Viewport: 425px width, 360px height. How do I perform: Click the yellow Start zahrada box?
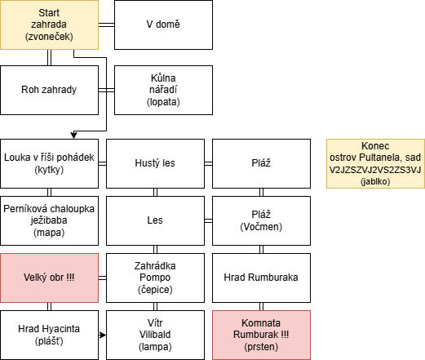click(x=49, y=24)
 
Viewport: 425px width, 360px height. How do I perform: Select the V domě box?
click(x=163, y=24)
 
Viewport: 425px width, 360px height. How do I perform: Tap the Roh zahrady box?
click(x=49, y=90)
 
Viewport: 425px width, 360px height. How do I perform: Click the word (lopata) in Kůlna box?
click(x=163, y=102)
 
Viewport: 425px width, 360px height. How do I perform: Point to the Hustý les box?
click(x=155, y=163)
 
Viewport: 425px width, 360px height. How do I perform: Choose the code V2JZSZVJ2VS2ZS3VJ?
click(x=375, y=170)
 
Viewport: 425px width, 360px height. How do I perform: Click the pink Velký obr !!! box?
click(x=49, y=278)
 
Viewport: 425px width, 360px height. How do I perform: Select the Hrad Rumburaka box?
click(x=261, y=278)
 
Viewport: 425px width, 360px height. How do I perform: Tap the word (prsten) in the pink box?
click(x=261, y=347)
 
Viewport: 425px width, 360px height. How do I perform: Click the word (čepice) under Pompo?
click(x=155, y=290)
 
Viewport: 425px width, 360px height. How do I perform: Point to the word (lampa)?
click(x=155, y=347)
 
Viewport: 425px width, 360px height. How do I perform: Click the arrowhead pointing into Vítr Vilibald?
click(x=103, y=335)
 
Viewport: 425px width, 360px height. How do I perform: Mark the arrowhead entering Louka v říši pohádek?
click(x=73, y=136)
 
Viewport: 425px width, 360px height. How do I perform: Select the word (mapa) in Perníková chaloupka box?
click(x=49, y=233)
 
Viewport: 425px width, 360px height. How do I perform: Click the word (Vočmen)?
click(x=261, y=227)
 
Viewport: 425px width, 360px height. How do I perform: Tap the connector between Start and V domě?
click(x=106, y=24)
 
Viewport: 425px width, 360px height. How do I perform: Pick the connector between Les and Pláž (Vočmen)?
click(x=208, y=220)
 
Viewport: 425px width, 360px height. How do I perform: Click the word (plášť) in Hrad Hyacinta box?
click(x=49, y=341)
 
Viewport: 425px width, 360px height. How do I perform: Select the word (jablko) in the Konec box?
click(x=375, y=181)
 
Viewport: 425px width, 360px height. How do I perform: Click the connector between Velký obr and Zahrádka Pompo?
click(x=102, y=278)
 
